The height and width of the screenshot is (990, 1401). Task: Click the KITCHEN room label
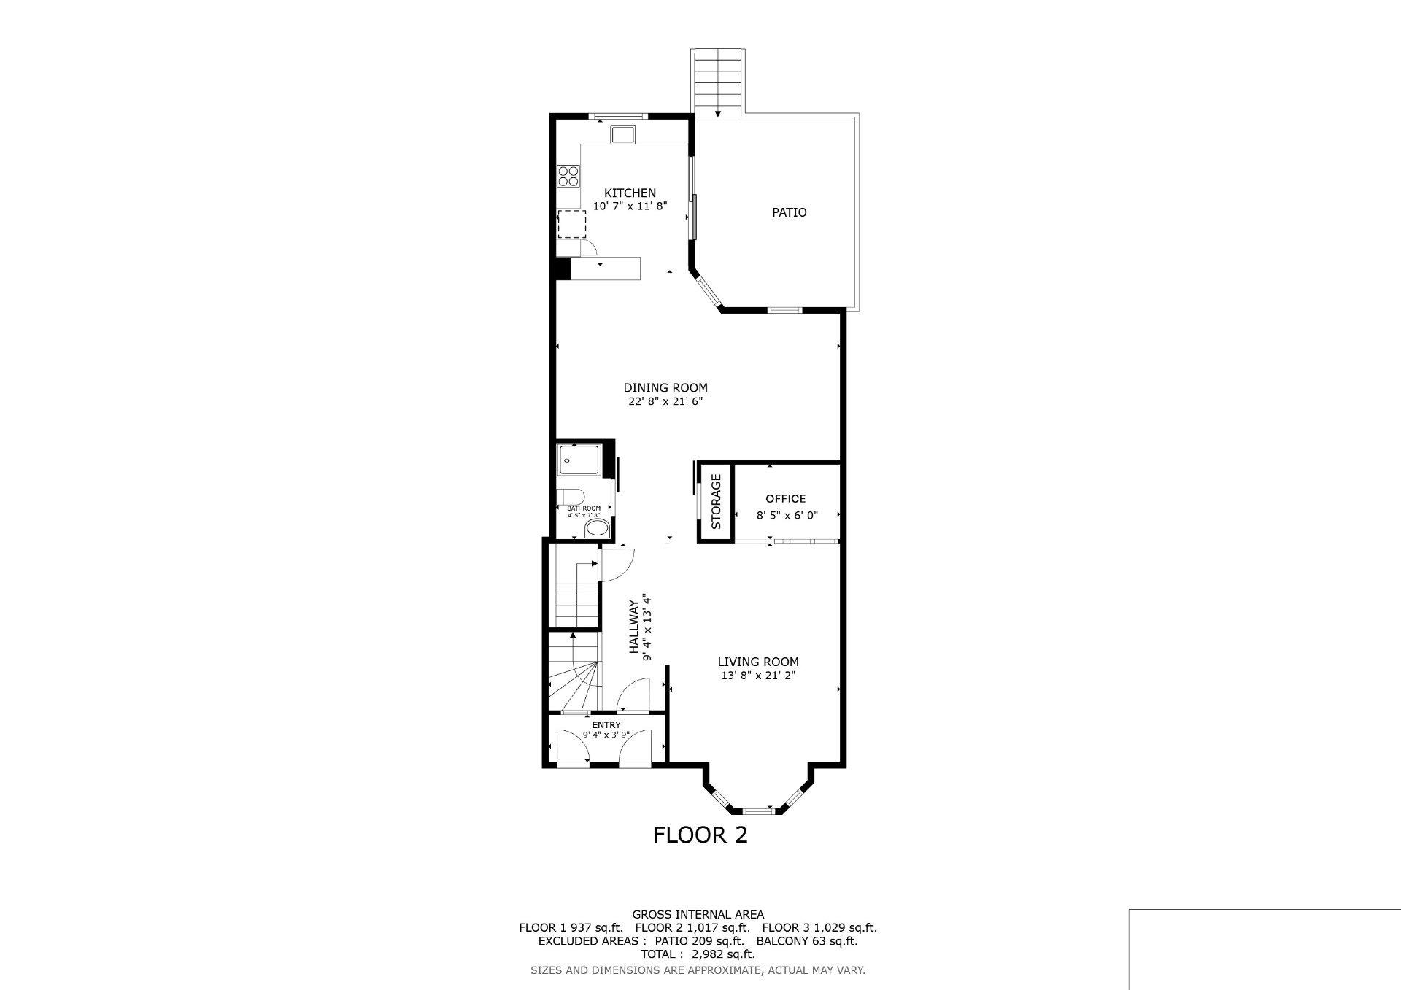pyautogui.click(x=630, y=193)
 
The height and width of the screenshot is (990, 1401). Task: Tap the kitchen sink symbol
pyautogui.click(x=623, y=134)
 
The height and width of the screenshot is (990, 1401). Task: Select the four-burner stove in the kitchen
pyautogui.click(x=568, y=176)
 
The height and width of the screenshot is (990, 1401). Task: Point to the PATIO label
pyautogui.click(x=790, y=212)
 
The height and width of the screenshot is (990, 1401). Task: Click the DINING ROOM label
pyautogui.click(x=665, y=387)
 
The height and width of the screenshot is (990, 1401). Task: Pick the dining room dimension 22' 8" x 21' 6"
pyautogui.click(x=665, y=401)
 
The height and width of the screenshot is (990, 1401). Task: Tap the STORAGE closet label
pyautogui.click(x=716, y=502)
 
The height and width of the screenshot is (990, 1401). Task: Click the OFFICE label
pyautogui.click(x=786, y=499)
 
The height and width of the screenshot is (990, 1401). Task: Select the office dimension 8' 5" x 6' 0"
pyautogui.click(x=787, y=514)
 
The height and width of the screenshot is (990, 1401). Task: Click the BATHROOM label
pyautogui.click(x=584, y=508)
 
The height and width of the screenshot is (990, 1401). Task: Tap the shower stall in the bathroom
pyautogui.click(x=579, y=460)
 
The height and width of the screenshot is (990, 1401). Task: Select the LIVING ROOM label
pyautogui.click(x=758, y=662)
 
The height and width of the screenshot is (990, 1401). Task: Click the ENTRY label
pyautogui.click(x=606, y=724)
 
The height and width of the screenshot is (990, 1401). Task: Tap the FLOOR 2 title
pyautogui.click(x=700, y=835)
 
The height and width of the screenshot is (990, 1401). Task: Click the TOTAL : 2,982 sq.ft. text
pyautogui.click(x=698, y=954)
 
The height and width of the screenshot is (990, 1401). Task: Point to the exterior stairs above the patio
pyautogui.click(x=718, y=82)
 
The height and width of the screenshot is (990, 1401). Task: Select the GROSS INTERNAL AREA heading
pyautogui.click(x=698, y=914)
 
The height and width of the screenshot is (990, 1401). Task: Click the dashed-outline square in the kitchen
pyautogui.click(x=572, y=224)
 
